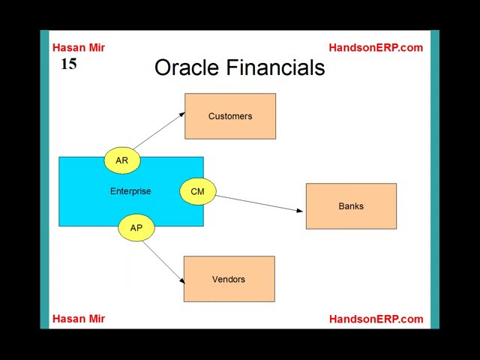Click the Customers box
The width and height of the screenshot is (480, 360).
(230, 116)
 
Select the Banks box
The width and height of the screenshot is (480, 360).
(351, 206)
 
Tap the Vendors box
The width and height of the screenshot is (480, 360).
(229, 279)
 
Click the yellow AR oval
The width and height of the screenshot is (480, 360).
(122, 160)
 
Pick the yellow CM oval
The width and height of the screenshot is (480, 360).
(198, 191)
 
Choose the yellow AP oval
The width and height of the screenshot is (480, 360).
(136, 228)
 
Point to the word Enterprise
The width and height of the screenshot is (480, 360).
(130, 191)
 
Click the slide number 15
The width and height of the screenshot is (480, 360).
(69, 64)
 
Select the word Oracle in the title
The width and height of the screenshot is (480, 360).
(187, 67)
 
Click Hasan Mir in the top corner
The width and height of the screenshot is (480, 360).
(79, 48)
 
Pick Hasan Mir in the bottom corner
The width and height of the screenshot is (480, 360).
(79, 319)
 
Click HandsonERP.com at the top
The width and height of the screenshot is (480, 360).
(376, 48)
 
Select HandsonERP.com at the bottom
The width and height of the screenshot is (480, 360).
(376, 319)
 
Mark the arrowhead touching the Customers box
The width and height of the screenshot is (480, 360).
(181, 114)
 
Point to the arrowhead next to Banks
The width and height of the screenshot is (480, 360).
(300, 210)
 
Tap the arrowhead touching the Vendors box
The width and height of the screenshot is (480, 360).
(182, 280)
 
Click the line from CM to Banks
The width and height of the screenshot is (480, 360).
(259, 203)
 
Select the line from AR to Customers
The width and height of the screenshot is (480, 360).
(159, 130)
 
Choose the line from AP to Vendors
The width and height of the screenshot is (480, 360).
(163, 262)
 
